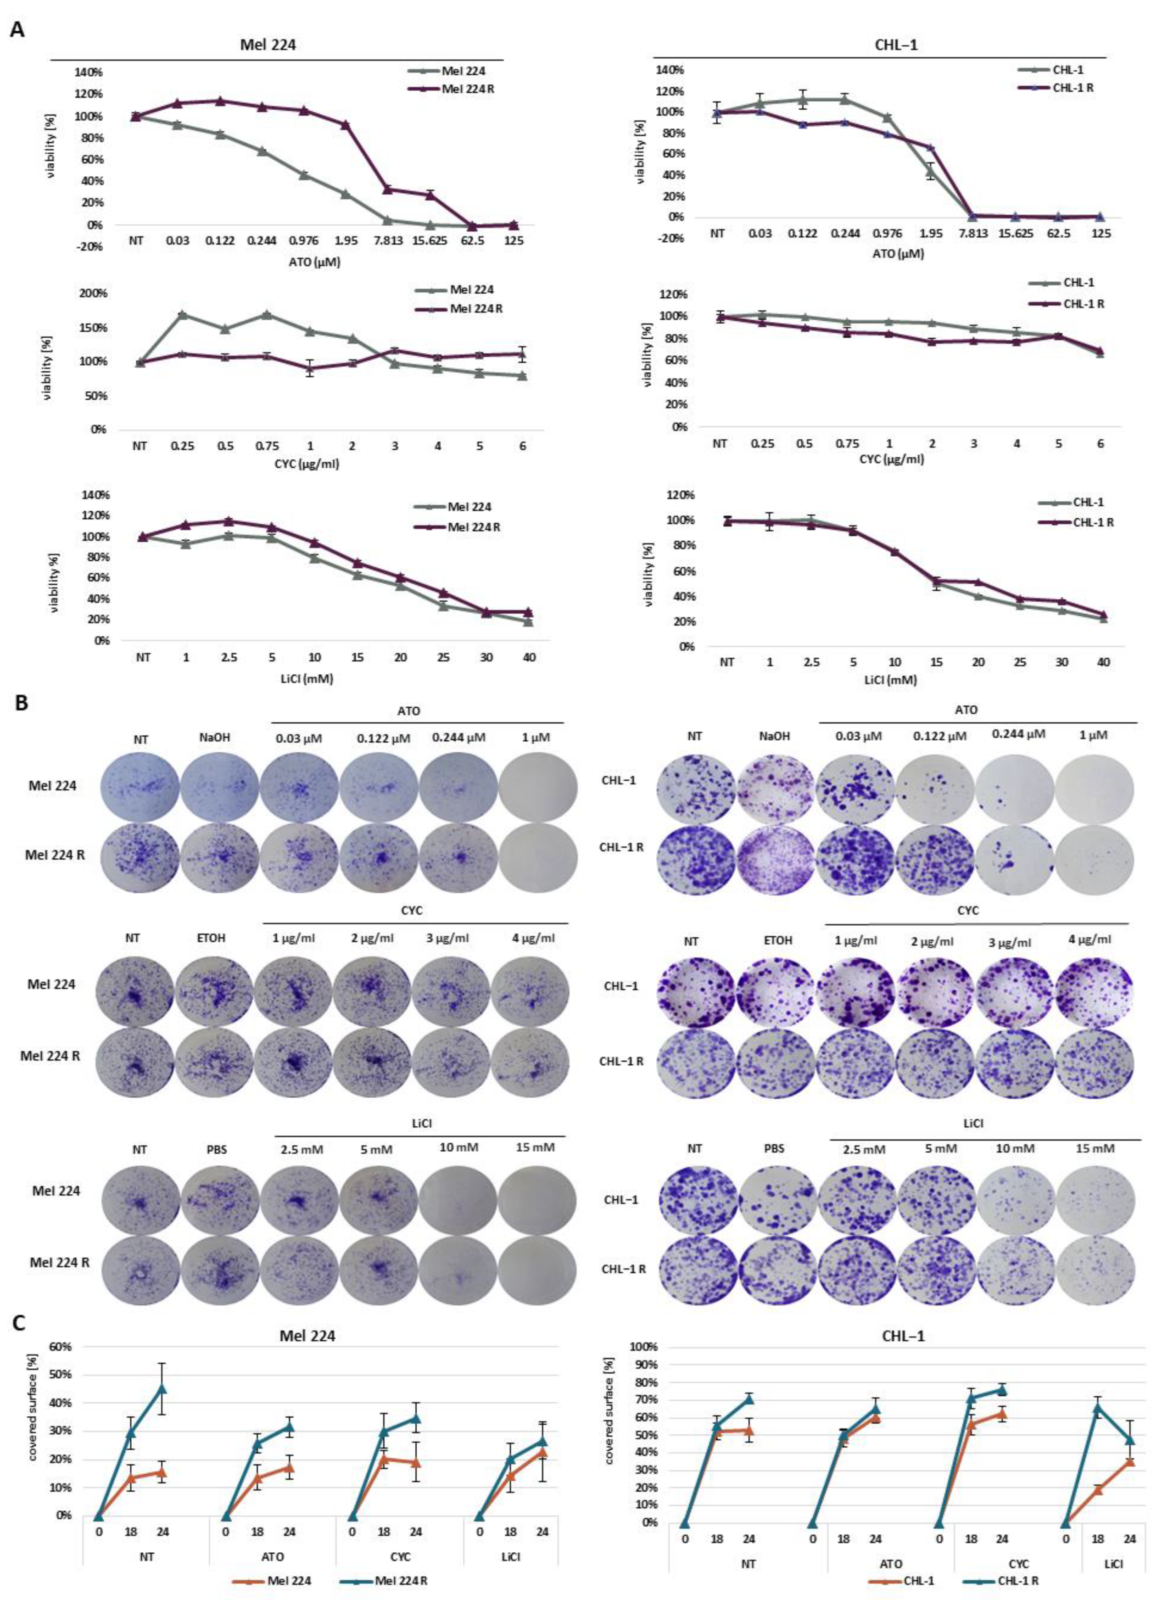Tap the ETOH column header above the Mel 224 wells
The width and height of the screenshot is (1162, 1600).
click(213, 938)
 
